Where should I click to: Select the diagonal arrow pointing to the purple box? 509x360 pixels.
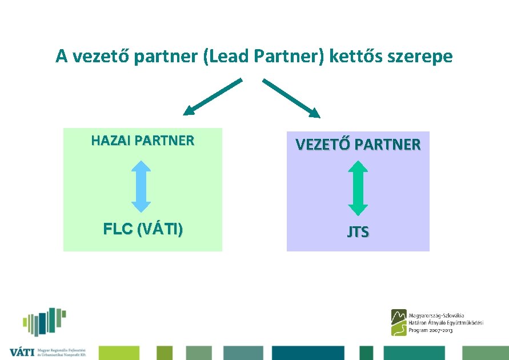[291, 98]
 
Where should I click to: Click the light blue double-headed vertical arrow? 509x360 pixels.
[141, 186]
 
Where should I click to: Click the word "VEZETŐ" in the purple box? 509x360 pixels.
[322, 145]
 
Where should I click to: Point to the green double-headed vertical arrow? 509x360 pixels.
[358, 187]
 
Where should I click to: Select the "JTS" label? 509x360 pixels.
[358, 232]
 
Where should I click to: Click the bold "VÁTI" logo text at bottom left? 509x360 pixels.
[22, 353]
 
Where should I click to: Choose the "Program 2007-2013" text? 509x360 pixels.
[431, 331]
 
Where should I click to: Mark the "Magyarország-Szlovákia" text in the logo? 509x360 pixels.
[436, 315]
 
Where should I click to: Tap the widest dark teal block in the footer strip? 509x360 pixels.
[308, 353]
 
